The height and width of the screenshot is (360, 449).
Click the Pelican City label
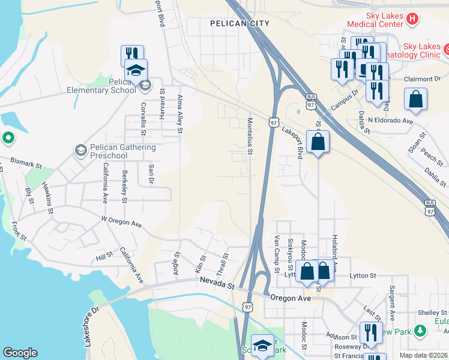pos(240,23)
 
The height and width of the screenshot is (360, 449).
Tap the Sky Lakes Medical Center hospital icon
pos(412,19)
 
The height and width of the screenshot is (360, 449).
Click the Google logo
pos(20,353)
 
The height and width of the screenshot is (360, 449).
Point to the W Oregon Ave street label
pos(121,222)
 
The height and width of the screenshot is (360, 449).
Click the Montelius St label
pos(250,136)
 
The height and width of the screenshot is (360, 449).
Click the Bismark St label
pos(25,163)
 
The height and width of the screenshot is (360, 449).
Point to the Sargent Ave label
pos(391,303)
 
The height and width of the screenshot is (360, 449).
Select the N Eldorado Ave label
pos(391,121)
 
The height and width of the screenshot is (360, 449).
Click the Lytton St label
pos(363,275)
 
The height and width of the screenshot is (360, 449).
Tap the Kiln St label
pos(200,265)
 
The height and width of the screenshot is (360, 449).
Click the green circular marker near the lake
pos(7,139)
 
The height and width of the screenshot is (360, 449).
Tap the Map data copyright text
pos(424,355)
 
